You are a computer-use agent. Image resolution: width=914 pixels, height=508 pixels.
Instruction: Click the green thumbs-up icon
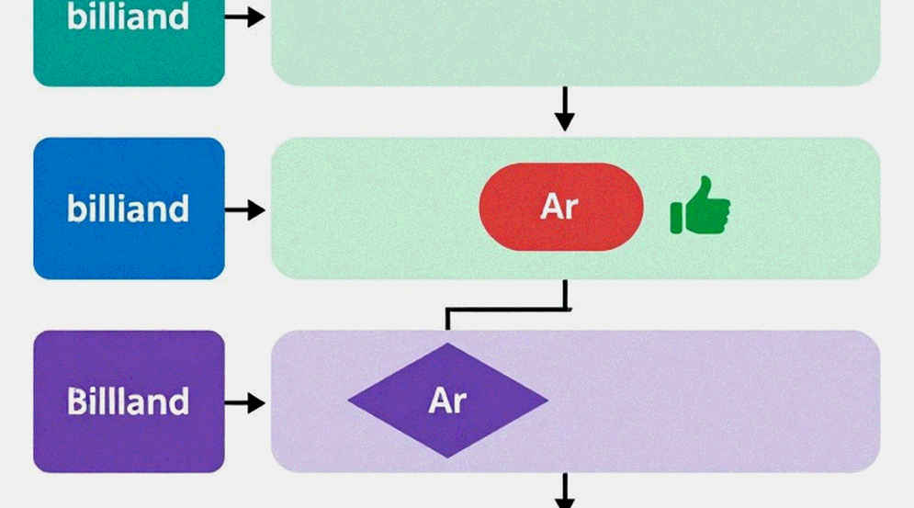(700, 205)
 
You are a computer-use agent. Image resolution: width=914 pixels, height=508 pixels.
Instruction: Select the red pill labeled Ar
(561, 207)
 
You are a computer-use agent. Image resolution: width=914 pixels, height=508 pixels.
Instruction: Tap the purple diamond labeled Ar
(447, 401)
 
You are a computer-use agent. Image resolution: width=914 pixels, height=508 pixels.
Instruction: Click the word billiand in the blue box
(129, 209)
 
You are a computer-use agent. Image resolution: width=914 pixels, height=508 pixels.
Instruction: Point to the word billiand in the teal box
(129, 17)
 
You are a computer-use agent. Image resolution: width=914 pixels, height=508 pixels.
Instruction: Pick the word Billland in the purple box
(129, 401)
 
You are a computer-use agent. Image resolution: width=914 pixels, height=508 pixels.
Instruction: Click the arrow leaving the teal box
(245, 17)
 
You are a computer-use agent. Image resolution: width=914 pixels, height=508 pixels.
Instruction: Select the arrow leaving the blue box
(245, 210)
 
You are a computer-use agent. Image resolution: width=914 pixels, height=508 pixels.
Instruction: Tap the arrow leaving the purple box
(245, 403)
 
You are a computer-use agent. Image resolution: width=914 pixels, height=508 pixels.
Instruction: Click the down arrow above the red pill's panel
(564, 109)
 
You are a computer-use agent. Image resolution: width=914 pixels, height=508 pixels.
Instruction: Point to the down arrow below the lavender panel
(564, 491)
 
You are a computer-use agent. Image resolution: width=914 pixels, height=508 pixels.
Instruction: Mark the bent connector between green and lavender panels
(506, 309)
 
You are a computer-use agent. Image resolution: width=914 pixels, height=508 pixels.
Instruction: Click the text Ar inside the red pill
(559, 207)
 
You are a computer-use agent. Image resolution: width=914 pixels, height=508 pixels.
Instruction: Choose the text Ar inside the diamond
(447, 401)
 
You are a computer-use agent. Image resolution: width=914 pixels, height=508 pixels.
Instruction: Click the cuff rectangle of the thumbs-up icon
(676, 218)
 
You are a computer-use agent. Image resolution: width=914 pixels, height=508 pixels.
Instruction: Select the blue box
(129, 209)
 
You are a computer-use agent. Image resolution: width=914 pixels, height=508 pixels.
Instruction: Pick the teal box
(129, 40)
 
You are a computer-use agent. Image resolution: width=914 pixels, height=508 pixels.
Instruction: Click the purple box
(129, 401)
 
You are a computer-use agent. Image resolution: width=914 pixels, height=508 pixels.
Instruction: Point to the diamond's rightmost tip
(547, 401)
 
